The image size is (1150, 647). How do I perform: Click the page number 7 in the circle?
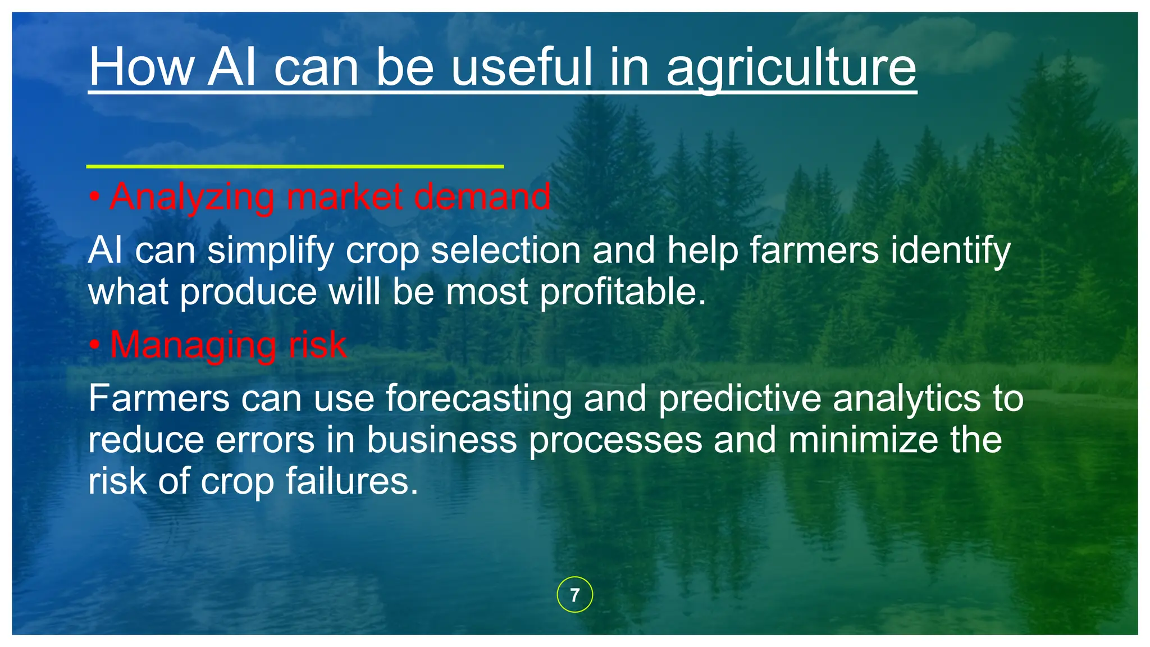(x=574, y=595)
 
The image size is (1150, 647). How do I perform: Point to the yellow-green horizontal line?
(x=295, y=166)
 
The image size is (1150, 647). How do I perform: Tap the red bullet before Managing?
(x=94, y=344)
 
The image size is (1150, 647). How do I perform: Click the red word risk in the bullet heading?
(x=317, y=344)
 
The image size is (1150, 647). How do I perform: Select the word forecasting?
(x=478, y=399)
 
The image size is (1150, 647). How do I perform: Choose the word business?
(x=441, y=440)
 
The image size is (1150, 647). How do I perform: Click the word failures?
(x=352, y=481)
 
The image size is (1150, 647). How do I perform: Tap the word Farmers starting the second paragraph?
(x=159, y=399)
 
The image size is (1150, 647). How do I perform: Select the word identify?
(x=950, y=250)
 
